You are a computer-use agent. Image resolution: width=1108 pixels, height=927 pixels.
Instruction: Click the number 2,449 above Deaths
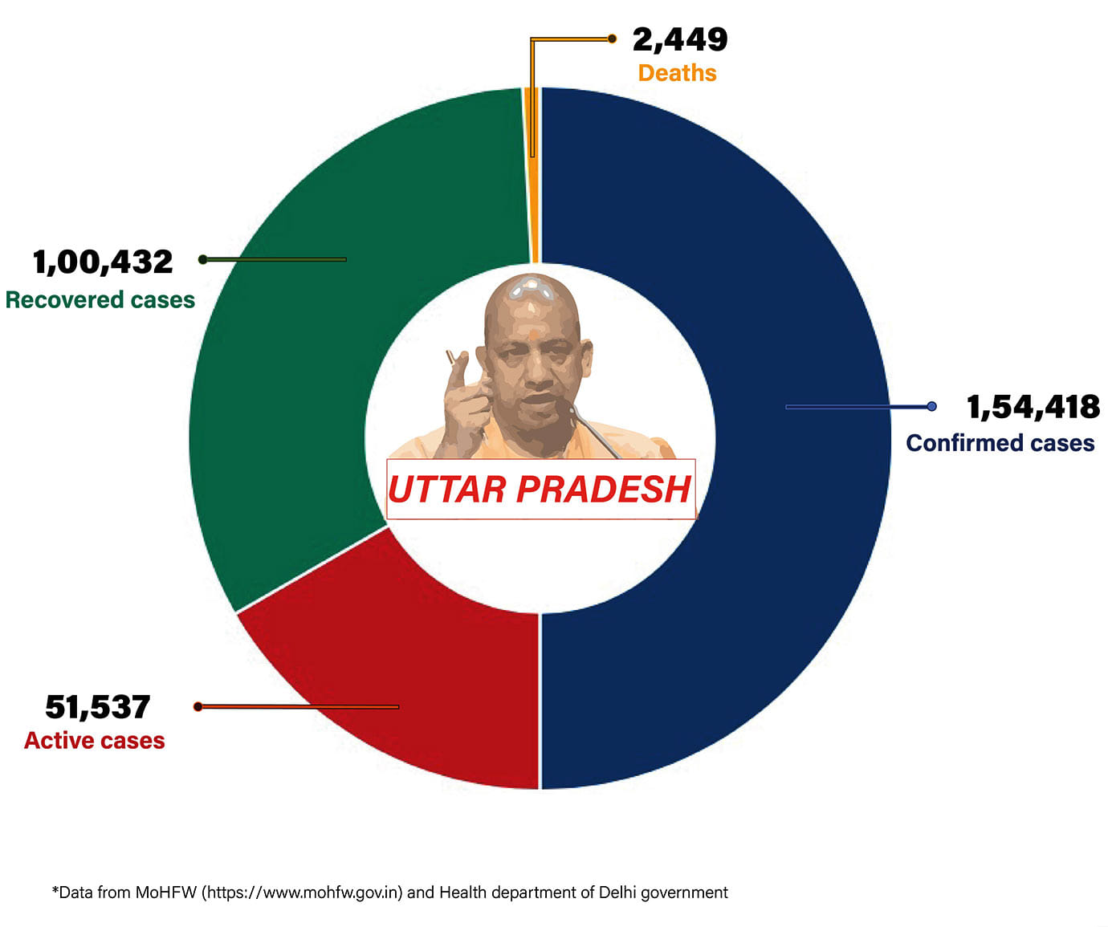(679, 39)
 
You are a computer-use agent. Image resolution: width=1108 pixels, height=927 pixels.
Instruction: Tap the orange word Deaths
(677, 73)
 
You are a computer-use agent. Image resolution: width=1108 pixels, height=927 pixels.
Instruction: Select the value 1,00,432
(103, 262)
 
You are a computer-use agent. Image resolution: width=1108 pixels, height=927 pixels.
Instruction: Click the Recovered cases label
(100, 300)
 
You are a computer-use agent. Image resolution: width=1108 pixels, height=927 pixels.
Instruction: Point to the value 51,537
(97, 707)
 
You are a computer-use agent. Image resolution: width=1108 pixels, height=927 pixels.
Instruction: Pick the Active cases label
(95, 741)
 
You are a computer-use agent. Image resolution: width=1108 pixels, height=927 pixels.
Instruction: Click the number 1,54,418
(1033, 407)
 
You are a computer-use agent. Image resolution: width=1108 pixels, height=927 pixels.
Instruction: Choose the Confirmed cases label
(1000, 443)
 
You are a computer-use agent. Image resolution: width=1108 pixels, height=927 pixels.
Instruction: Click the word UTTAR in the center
(446, 490)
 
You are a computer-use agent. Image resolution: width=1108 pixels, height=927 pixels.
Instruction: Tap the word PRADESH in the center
(603, 490)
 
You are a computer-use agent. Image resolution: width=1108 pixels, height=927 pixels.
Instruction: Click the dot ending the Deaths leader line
(612, 39)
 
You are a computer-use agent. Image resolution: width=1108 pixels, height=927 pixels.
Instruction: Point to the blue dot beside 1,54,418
(931, 406)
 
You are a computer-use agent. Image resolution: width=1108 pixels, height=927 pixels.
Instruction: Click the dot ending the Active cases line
(198, 706)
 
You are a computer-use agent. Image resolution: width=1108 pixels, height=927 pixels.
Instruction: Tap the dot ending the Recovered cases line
(203, 259)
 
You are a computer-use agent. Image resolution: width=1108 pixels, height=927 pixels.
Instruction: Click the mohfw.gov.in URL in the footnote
(301, 892)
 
